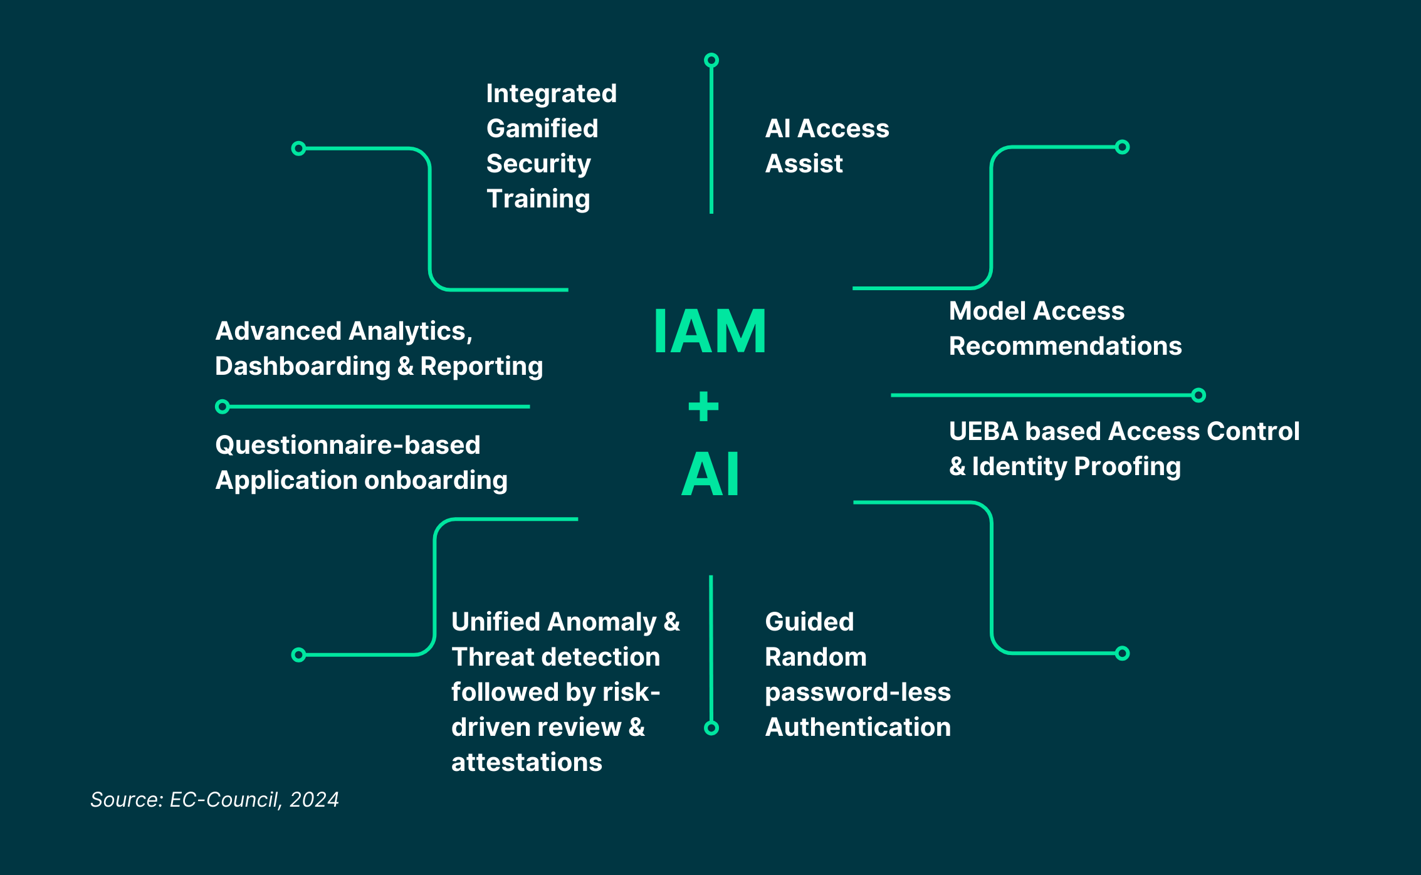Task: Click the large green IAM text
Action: pos(710,332)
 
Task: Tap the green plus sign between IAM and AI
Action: pos(703,406)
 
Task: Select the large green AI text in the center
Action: pos(710,474)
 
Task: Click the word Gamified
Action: pos(542,128)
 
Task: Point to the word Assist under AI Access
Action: pos(804,164)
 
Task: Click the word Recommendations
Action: pos(1065,346)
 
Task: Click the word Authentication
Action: pos(857,727)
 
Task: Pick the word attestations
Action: pos(527,762)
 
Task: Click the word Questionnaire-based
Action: pos(348,445)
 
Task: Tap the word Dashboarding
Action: pos(303,366)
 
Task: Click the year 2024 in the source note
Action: pos(314,800)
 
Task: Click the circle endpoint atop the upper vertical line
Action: pos(711,60)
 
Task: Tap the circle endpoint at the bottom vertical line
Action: pos(711,728)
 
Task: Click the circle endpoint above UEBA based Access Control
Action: pos(1198,396)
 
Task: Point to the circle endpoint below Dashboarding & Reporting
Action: pos(222,407)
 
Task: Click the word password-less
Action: pos(857,692)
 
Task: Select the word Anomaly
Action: pos(602,622)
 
